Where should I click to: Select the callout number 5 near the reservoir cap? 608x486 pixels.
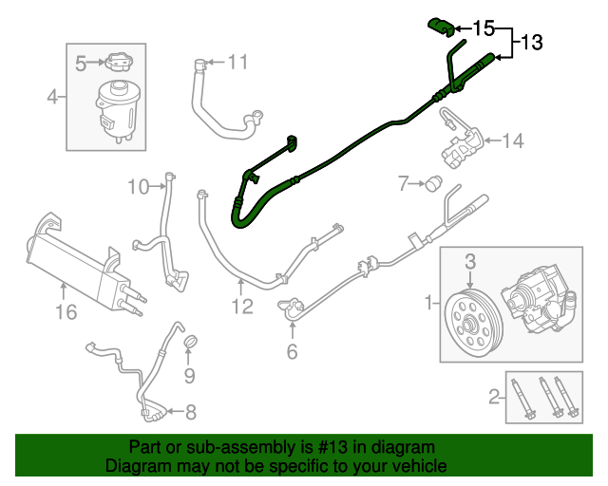point(82,64)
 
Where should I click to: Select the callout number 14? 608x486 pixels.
point(512,141)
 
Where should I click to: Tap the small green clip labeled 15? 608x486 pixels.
point(440,24)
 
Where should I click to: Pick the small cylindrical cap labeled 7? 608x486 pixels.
point(436,182)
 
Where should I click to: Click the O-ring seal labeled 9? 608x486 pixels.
point(189,343)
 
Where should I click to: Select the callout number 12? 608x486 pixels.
point(242,306)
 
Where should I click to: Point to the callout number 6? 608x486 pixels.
point(292,352)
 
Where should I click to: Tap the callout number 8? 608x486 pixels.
point(190,412)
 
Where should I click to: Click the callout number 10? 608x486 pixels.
point(139,187)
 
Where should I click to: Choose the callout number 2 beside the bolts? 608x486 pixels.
point(493,397)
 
